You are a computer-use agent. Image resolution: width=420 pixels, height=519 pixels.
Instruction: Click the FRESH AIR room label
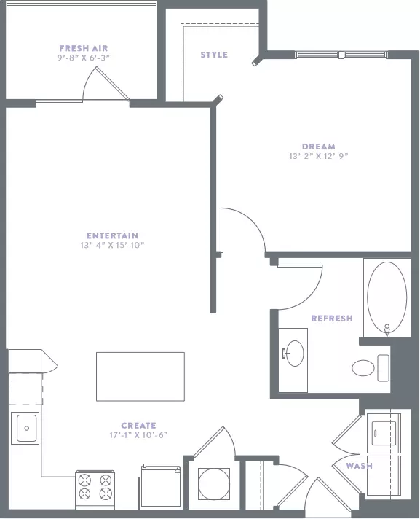coord(84,48)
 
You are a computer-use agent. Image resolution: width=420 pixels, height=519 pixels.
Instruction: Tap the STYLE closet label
coord(214,55)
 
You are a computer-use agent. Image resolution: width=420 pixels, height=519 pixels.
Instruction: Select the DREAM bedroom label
coord(319,147)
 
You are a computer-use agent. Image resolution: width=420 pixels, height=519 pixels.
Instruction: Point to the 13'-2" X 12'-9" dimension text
coord(319,156)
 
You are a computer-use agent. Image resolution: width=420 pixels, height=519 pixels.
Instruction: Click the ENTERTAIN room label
coord(112,235)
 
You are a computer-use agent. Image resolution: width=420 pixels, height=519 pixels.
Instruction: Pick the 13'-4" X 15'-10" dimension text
coord(112,245)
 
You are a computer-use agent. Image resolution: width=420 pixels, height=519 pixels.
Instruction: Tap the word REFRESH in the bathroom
coord(332,319)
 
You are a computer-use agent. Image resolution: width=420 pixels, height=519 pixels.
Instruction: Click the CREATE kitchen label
coord(138,426)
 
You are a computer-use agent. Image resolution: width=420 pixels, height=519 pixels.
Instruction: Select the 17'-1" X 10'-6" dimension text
coord(138,435)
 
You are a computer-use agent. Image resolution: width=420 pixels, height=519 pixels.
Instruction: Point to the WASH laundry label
coord(359,466)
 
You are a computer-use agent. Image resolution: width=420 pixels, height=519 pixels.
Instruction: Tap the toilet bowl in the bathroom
coord(363,368)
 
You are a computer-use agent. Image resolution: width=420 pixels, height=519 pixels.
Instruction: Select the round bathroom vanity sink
coord(294,354)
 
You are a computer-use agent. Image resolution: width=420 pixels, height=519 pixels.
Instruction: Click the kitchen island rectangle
coord(140,377)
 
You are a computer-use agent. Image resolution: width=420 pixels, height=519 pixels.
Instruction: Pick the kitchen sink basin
coord(26,429)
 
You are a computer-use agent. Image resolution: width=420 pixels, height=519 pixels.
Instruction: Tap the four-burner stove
coord(95,490)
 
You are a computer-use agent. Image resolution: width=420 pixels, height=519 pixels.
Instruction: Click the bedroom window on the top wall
coord(341,55)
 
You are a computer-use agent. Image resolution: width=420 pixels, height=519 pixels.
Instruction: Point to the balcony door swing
coord(105,83)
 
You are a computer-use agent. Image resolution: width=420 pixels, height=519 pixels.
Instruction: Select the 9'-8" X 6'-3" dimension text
coord(84,58)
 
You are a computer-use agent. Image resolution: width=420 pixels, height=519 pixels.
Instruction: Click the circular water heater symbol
coord(214,484)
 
